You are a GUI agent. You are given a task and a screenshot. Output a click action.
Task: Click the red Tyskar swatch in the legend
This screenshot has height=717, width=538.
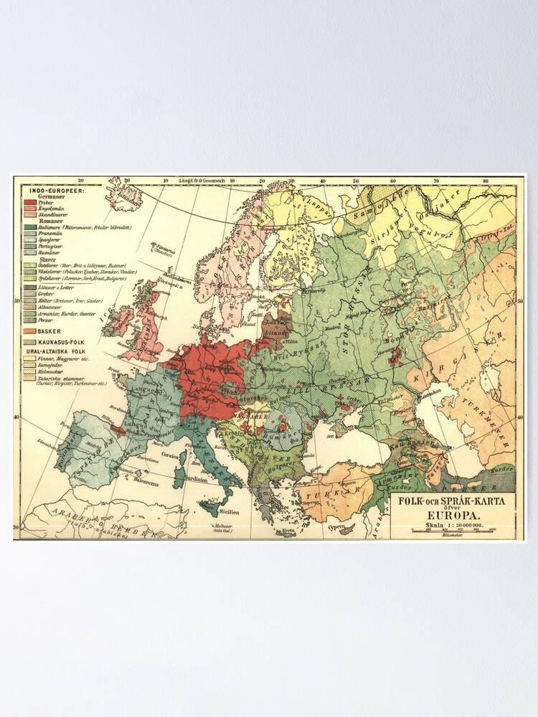[x=30, y=202]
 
